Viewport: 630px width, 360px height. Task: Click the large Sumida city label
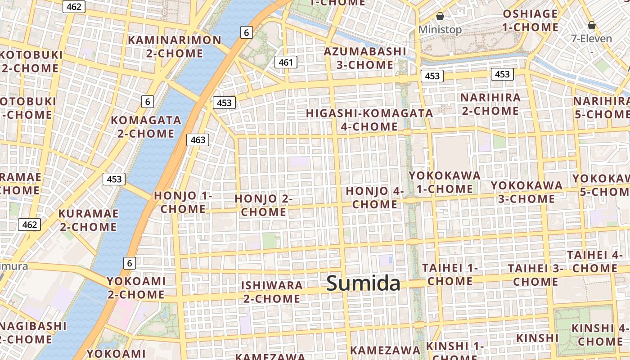363,283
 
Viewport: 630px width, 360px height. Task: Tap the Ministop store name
440,30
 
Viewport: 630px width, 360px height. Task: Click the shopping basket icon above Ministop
440,17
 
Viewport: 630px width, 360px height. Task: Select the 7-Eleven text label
591,38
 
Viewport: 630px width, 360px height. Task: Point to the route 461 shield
286,62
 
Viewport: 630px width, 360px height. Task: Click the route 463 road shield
198,140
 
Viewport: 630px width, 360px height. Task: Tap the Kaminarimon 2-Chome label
175,47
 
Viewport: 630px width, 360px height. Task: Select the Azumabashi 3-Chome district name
365,58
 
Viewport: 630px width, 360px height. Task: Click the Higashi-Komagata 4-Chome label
369,120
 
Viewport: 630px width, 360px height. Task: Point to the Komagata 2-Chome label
146,127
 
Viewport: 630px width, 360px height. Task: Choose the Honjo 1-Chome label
183,202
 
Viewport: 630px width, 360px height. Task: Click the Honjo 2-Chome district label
264,205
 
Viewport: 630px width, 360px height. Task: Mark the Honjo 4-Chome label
375,198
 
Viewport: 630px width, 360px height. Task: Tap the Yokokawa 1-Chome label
444,182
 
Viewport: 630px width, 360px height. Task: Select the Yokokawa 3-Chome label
526,192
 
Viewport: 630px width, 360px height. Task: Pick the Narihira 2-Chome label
490,104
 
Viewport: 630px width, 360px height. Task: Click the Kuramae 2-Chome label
88,220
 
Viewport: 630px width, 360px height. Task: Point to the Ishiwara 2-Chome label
272,292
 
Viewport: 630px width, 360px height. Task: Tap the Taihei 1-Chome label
450,274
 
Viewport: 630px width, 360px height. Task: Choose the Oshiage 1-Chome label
530,21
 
